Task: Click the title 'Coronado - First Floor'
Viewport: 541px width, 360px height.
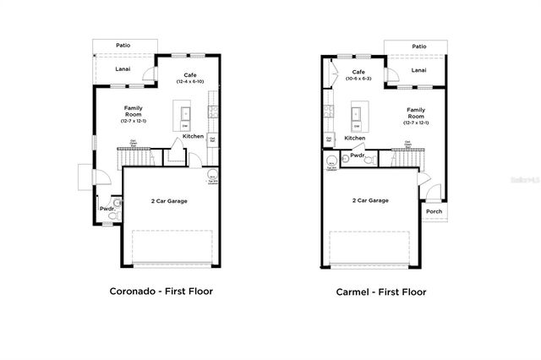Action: [161, 292]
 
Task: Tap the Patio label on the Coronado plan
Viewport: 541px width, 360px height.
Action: [124, 46]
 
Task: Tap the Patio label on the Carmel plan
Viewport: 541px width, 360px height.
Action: [418, 46]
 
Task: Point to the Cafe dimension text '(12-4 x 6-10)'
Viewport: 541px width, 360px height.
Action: [192, 82]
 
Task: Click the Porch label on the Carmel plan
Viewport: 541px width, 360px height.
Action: [434, 211]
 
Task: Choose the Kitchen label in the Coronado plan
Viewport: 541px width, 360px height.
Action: [194, 136]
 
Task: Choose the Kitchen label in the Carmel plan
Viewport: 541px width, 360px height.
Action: [355, 138]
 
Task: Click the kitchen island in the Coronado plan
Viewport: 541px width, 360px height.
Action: [184, 115]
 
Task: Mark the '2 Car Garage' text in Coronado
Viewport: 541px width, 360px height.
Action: [169, 201]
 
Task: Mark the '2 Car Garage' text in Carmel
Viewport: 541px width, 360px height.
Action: [370, 201]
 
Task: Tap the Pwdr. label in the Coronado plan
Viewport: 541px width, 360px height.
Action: [107, 208]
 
